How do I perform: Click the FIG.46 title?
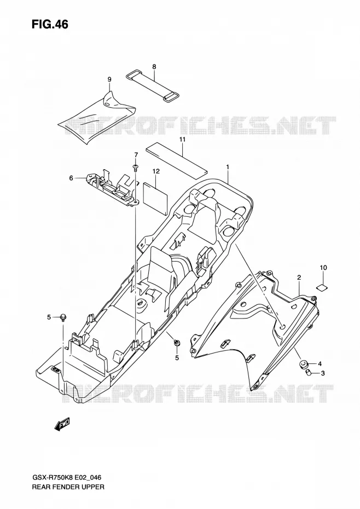(50, 24)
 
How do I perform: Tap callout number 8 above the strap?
(154, 67)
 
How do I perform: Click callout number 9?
(109, 79)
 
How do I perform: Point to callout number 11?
(182, 139)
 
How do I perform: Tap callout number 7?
(136, 154)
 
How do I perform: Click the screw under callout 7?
(136, 167)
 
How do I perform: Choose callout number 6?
(71, 177)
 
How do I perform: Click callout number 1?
(228, 166)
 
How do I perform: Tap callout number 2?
(299, 277)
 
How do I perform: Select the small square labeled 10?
(322, 286)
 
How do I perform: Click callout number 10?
(323, 268)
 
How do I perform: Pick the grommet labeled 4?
(304, 364)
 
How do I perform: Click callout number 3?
(323, 373)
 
